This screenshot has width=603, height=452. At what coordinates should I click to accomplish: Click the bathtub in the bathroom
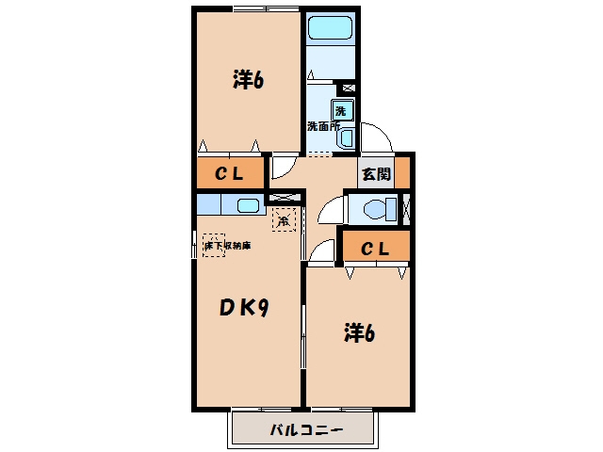pos(330,27)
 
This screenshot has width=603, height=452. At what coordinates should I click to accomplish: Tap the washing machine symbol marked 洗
pos(341,111)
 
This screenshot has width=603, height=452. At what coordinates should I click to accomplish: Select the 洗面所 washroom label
pos(323,126)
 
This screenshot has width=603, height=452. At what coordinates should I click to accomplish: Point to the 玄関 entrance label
pos(376,174)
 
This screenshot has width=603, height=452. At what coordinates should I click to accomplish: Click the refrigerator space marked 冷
pos(284,219)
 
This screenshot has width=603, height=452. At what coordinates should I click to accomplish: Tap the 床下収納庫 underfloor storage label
pos(227,245)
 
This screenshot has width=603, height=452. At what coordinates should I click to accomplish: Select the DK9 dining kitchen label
pos(243,308)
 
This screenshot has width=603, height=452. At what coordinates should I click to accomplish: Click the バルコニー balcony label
pos(306,429)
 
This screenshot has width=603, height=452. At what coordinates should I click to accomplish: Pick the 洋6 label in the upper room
pos(248,80)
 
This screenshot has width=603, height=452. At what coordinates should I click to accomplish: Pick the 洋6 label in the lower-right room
pos(359,332)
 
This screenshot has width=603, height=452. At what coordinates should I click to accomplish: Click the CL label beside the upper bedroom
pos(230,174)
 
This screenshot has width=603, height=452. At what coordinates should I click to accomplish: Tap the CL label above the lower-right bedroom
pos(375,249)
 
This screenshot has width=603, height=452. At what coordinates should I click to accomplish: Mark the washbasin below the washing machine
pos(347,138)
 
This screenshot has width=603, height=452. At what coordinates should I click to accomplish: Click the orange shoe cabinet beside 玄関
pos(402,172)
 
